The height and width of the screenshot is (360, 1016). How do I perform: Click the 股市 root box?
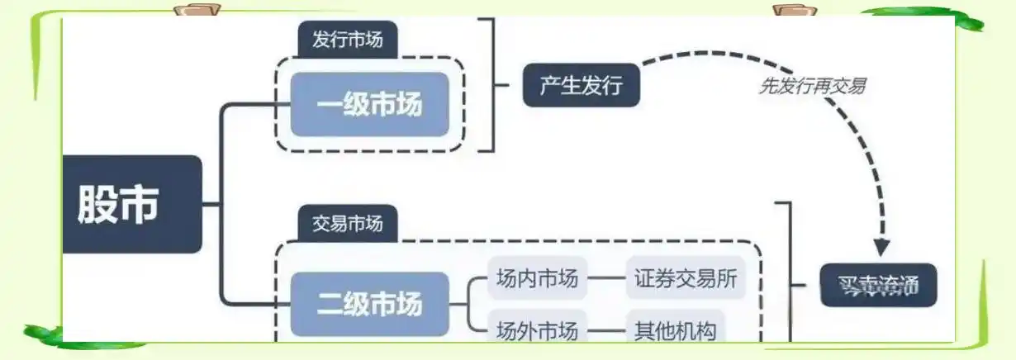[x=132, y=204]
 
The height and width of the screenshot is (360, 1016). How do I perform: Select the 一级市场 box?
[x=369, y=105]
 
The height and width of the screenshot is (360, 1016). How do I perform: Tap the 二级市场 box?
[x=369, y=303]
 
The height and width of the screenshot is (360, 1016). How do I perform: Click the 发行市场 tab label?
[x=347, y=40]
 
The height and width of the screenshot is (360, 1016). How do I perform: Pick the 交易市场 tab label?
[x=347, y=224]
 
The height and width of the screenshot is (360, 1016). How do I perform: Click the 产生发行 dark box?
[x=581, y=85]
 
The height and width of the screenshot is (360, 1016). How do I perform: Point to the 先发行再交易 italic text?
[x=812, y=86]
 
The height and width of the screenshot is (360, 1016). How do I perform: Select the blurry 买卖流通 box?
[x=879, y=285]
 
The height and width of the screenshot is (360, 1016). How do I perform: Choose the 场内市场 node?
[x=537, y=278]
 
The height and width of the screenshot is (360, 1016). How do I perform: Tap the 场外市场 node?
[x=537, y=330]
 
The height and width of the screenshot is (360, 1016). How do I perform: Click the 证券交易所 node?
[x=686, y=278]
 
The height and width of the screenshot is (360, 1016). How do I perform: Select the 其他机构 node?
[x=675, y=330]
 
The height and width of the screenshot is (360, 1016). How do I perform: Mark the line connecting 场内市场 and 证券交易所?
[x=607, y=278]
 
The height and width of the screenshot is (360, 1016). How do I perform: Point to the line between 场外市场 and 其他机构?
[x=607, y=331]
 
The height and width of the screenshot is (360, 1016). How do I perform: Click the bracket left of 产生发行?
[x=493, y=85]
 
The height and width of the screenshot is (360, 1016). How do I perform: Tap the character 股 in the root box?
[x=97, y=204]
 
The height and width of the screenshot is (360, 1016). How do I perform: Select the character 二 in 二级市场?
[x=330, y=303]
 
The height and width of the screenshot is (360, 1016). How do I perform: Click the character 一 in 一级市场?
[x=330, y=106]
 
